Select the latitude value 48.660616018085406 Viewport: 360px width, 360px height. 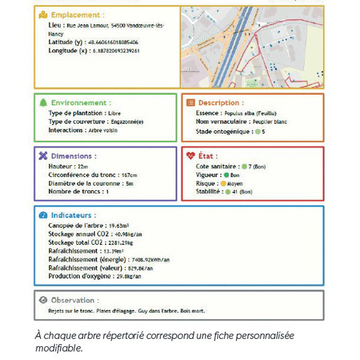coord(113,43)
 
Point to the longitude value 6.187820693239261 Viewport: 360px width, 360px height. coord(114,52)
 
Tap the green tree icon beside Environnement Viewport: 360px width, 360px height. coord(42,103)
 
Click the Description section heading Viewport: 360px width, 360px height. coord(221,103)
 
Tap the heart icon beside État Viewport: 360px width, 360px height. coord(191,156)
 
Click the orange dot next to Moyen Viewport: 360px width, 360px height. coord(223,184)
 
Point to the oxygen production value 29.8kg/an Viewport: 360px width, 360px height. coord(128,276)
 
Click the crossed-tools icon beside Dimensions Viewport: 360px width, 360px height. coord(42,156)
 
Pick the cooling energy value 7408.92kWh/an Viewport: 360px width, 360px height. coord(150,259)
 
